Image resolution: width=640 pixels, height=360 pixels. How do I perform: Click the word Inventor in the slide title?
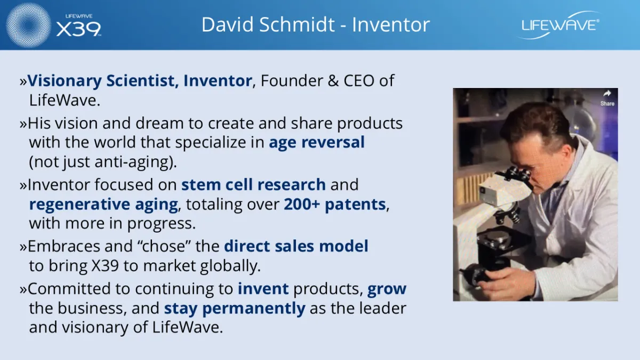(391, 25)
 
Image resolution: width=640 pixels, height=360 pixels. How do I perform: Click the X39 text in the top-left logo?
(78, 29)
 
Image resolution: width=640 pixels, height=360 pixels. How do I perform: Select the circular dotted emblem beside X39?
(28, 25)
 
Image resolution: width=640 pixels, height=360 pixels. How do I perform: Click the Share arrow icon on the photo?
(607, 94)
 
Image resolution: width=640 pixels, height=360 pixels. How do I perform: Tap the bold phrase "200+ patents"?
(335, 204)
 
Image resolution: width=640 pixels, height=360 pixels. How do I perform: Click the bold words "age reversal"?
(317, 142)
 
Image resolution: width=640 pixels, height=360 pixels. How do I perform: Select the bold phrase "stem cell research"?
(253, 185)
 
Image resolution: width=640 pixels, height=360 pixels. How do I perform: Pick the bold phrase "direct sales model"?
(296, 246)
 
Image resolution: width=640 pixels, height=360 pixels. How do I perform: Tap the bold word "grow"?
(387, 289)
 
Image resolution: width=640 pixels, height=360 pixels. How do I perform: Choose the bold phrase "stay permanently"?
(235, 309)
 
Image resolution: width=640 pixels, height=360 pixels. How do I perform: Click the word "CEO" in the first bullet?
(359, 81)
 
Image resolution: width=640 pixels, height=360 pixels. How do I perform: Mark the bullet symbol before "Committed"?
(23, 290)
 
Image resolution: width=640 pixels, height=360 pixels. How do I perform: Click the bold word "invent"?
(263, 289)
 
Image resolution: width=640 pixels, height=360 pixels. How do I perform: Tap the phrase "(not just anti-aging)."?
(103, 162)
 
